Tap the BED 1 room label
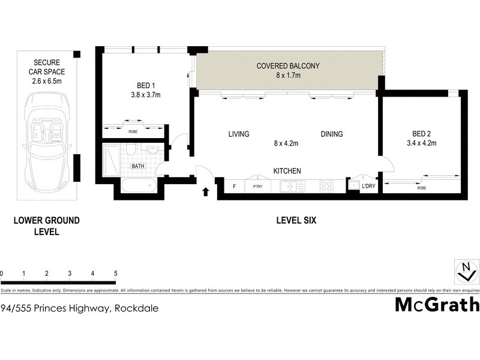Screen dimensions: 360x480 click(141, 90)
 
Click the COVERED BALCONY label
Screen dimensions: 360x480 click(287, 70)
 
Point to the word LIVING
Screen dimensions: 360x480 click(238, 134)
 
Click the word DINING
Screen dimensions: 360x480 click(331, 134)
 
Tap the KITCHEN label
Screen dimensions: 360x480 click(287, 171)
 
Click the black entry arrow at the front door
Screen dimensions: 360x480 click(206, 192)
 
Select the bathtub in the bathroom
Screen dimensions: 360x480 click(139, 187)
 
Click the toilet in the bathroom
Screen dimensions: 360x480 click(130, 150)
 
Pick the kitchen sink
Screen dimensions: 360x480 click(291, 186)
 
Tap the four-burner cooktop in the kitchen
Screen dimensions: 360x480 click(327, 186)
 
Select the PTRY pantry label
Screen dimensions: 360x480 click(258, 187)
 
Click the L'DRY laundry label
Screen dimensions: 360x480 click(368, 187)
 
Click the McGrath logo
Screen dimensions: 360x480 click(436, 304)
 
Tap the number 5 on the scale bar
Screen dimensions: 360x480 click(115, 274)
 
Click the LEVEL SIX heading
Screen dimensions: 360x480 click(296, 221)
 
